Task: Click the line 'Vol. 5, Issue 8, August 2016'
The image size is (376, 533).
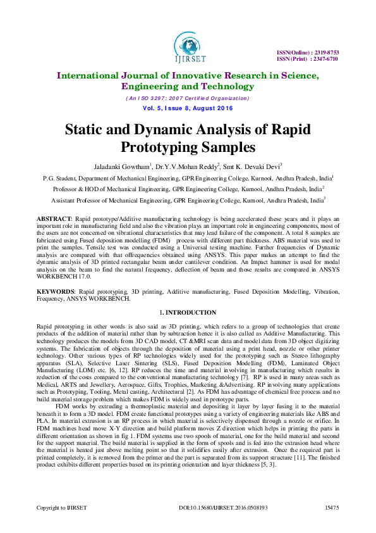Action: [x=188, y=108]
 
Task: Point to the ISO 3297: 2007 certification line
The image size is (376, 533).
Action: [x=188, y=98]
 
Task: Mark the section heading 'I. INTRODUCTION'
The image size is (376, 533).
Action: [x=188, y=313]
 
